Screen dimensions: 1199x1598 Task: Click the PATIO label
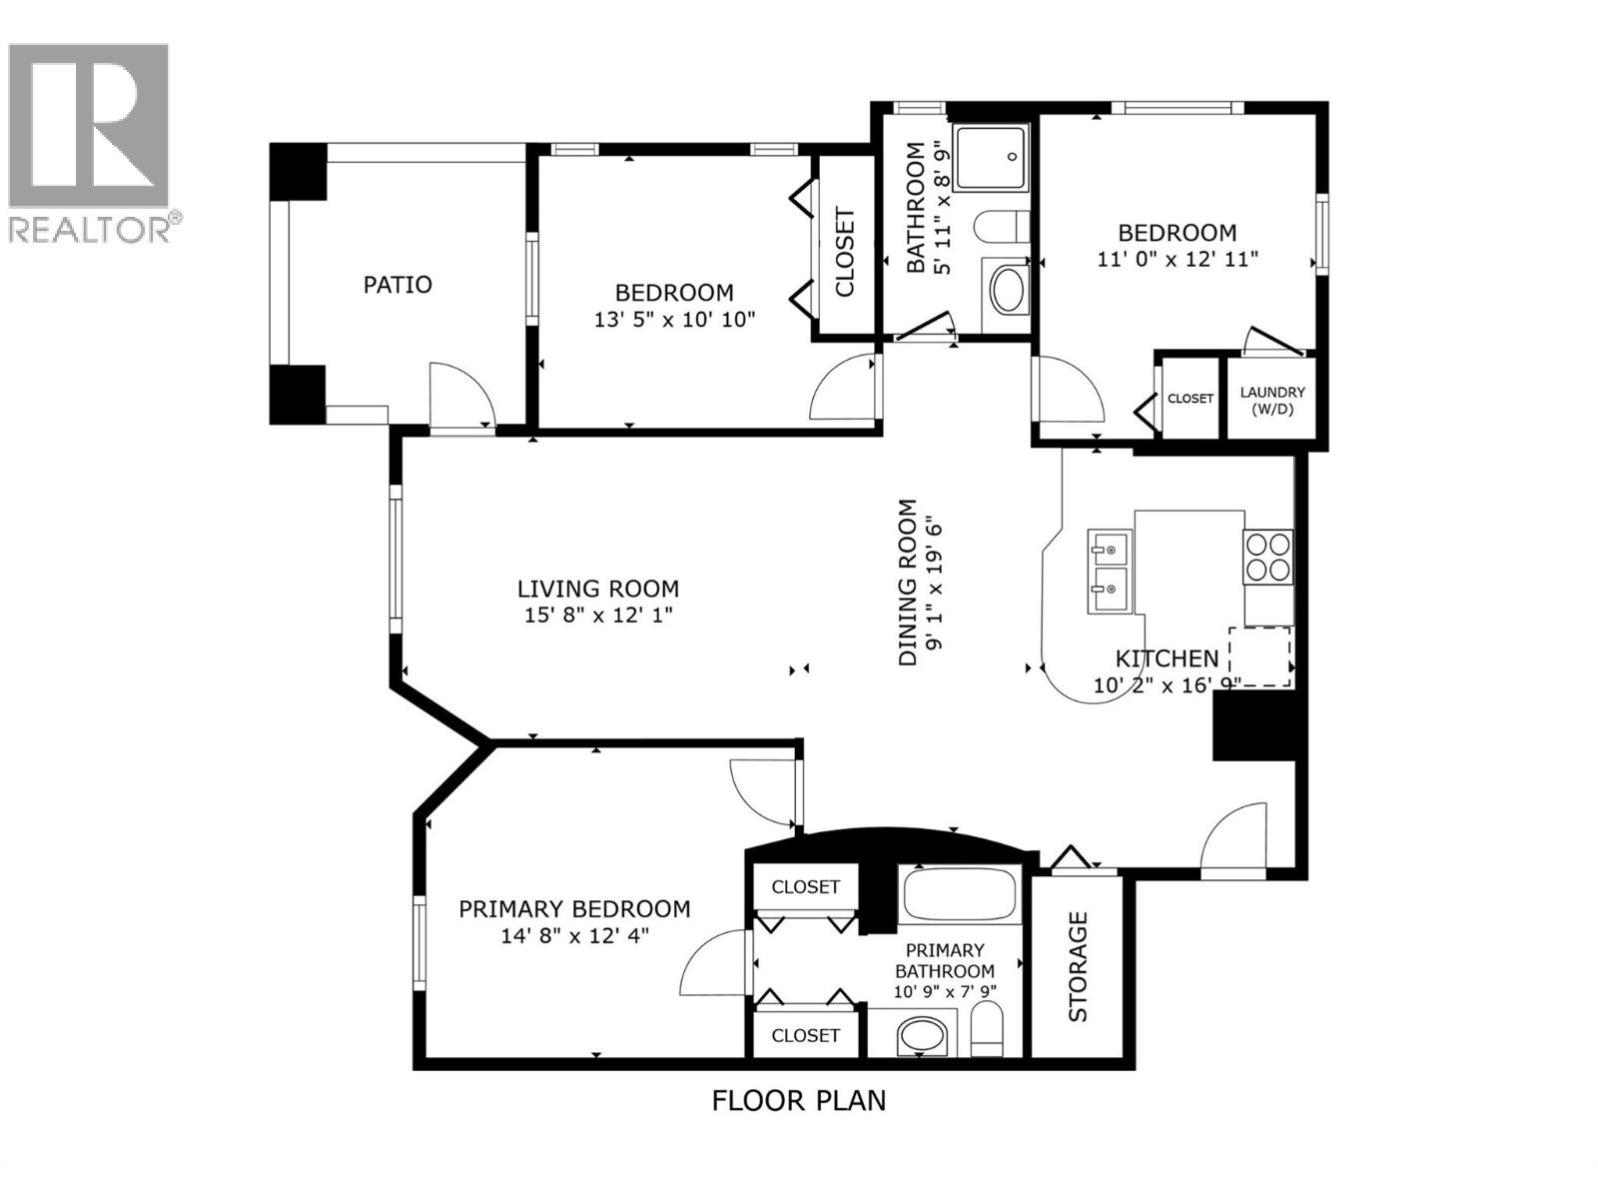[397, 285]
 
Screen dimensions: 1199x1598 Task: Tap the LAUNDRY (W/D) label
[1271, 400]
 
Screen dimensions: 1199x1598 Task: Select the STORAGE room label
[1078, 966]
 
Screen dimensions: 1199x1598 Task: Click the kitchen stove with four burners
[1267, 557]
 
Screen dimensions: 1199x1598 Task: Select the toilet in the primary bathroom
[987, 1029]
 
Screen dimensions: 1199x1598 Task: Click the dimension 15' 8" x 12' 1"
[598, 615]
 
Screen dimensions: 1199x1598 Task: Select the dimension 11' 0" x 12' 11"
[1177, 259]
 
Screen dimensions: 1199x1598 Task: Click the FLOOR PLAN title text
[798, 1101]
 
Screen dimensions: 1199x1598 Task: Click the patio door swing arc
[464, 396]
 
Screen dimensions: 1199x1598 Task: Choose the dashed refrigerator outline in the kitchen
[1259, 656]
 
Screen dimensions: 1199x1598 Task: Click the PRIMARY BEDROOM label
[574, 909]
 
